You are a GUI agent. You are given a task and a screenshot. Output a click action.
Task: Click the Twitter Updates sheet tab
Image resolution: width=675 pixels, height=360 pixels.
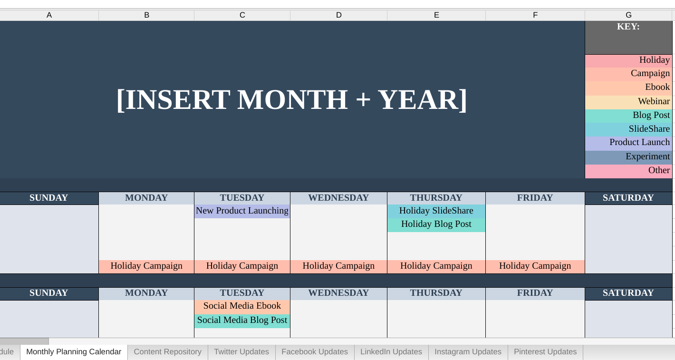pyautogui.click(x=241, y=352)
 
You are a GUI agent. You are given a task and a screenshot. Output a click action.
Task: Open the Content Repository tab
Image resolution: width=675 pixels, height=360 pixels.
pyautogui.click(x=167, y=352)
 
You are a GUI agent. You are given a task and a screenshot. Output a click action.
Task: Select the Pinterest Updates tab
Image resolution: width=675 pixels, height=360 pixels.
pyautogui.click(x=545, y=352)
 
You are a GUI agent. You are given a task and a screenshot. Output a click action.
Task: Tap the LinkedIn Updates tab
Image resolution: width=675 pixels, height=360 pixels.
pyautogui.click(x=391, y=352)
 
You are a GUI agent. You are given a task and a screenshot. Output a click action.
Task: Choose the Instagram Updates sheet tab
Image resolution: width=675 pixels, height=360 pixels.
pyautogui.click(x=468, y=352)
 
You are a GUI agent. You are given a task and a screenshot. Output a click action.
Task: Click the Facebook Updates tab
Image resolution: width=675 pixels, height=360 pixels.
pyautogui.click(x=314, y=352)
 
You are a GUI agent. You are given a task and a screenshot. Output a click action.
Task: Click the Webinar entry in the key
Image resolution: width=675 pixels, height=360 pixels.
pyautogui.click(x=628, y=102)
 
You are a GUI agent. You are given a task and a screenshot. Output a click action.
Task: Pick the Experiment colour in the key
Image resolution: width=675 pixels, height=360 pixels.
pyautogui.click(x=628, y=157)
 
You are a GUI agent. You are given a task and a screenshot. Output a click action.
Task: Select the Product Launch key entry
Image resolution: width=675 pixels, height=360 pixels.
pyautogui.click(x=628, y=143)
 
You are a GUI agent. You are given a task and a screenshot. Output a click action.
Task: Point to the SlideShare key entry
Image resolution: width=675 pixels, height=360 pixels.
pyautogui.click(x=628, y=129)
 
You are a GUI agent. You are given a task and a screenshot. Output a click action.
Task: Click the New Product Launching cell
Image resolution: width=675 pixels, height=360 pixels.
pyautogui.click(x=242, y=211)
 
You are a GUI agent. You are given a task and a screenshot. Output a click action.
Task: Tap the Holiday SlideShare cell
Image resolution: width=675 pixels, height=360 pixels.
pyautogui.click(x=436, y=211)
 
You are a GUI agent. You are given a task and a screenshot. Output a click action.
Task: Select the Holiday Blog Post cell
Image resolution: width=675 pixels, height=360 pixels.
pyautogui.click(x=436, y=224)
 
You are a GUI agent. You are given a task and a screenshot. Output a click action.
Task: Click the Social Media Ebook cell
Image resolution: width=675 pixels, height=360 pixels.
pyautogui.click(x=242, y=306)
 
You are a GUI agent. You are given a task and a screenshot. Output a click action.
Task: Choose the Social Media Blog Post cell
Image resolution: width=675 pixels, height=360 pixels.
pyautogui.click(x=242, y=321)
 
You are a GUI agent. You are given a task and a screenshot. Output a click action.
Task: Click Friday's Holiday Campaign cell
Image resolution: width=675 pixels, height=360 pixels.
pyautogui.click(x=535, y=266)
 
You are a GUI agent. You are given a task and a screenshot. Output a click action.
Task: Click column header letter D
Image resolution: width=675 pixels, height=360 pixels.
pyautogui.click(x=338, y=15)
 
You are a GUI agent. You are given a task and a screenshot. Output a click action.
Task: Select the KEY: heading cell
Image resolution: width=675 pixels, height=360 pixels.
pyautogui.click(x=628, y=27)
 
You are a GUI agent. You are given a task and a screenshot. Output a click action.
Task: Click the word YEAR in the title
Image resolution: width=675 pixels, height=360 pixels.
pyautogui.click(x=417, y=100)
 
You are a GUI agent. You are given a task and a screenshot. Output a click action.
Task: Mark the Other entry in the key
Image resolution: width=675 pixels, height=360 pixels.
pyautogui.click(x=628, y=171)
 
